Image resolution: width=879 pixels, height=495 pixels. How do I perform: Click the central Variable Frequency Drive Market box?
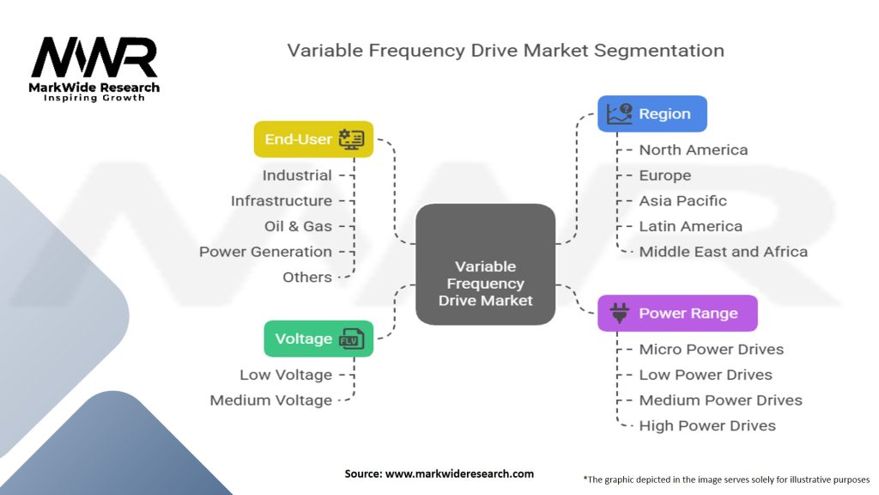[485, 264]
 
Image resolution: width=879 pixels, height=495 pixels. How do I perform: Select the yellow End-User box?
[313, 139]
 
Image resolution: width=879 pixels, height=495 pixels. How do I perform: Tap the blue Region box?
[652, 113]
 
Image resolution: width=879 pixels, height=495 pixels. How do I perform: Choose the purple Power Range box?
[677, 314]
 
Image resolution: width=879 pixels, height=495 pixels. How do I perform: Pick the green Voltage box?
[318, 339]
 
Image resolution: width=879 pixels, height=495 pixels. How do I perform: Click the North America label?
[693, 150]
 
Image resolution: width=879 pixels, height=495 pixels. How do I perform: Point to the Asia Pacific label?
[682, 201]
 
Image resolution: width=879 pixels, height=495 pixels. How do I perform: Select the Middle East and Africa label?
[723, 252]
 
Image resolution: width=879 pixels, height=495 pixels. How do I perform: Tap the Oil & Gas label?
[298, 226]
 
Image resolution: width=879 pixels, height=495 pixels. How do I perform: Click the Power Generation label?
[265, 252]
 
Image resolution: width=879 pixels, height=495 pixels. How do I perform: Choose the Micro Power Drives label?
[711, 349]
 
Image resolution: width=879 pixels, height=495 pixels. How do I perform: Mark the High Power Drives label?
[706, 425]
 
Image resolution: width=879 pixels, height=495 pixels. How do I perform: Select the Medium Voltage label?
[270, 400]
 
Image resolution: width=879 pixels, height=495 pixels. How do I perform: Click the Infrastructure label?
[281, 200]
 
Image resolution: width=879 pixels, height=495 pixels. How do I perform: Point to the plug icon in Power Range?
[619, 314]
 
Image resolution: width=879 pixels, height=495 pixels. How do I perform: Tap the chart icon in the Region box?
[618, 113]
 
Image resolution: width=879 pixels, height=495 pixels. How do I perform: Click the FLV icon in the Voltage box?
[352, 339]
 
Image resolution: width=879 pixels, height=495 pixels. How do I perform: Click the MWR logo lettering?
[94, 58]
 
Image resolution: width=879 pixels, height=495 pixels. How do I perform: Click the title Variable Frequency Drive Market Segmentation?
[505, 50]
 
